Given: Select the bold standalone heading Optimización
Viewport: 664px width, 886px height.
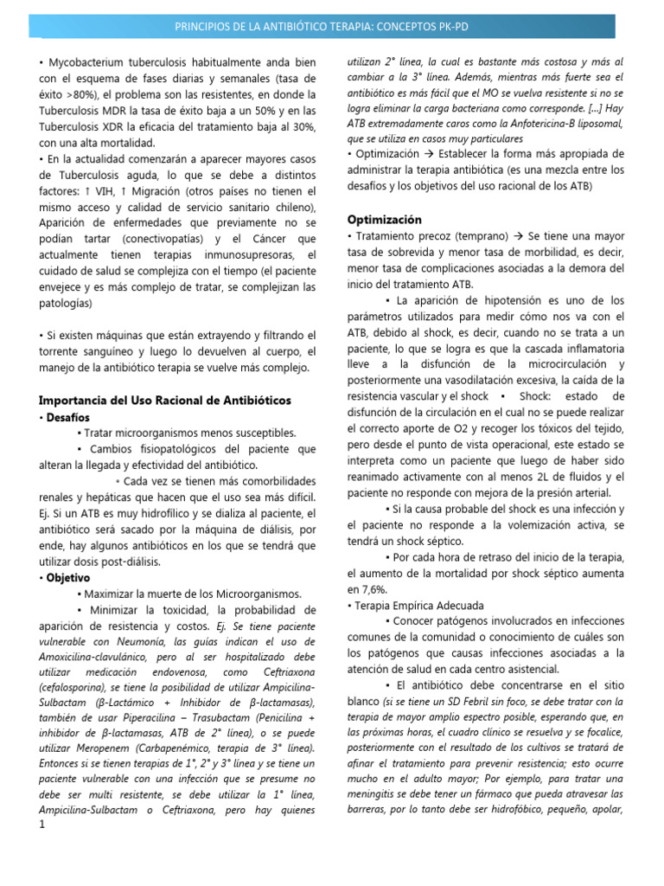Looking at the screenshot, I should (x=384, y=219).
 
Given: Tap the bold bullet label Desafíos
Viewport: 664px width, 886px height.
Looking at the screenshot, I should (x=67, y=416).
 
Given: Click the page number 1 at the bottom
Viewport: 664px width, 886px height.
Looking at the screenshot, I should (x=41, y=825).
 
